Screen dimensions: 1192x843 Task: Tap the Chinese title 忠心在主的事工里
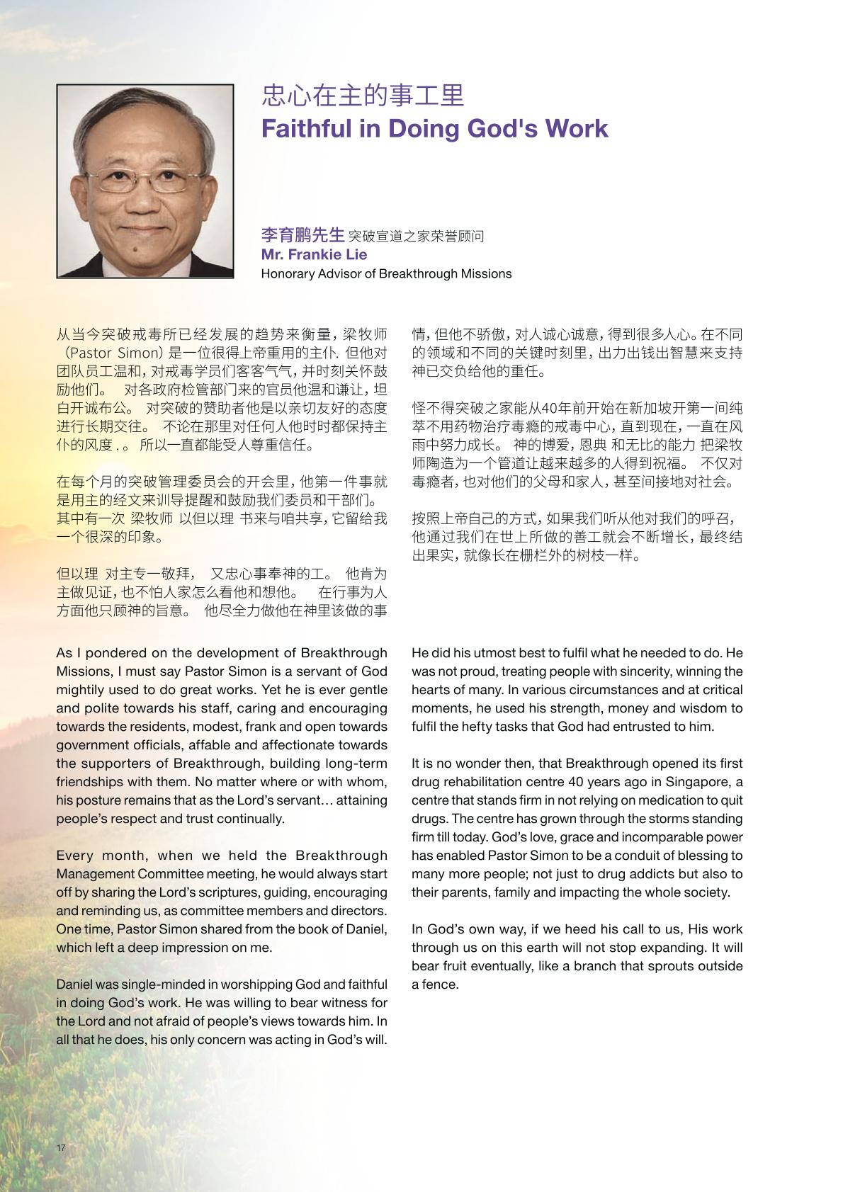point(363,96)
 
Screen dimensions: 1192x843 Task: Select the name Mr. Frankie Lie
point(314,254)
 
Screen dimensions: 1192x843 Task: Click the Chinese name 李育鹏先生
point(302,235)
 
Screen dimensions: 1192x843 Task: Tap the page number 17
point(61,1147)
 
